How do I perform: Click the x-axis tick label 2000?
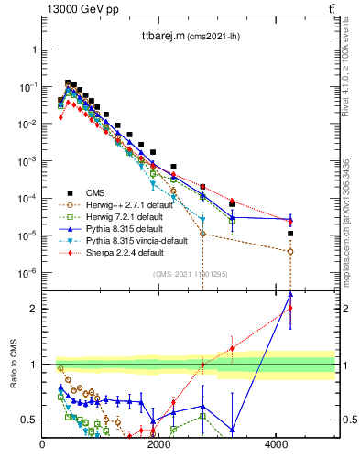pyautogui.click(x=159, y=445)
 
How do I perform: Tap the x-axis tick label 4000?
pyautogui.click(x=277, y=445)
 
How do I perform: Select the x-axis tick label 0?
pyautogui.click(x=43, y=445)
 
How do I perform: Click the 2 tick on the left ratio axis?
pyautogui.click(x=33, y=309)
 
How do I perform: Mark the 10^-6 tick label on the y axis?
pyautogui.click(x=27, y=273)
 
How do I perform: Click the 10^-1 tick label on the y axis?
pyautogui.click(x=27, y=86)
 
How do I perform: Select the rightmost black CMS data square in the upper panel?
pyautogui.click(x=290, y=234)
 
